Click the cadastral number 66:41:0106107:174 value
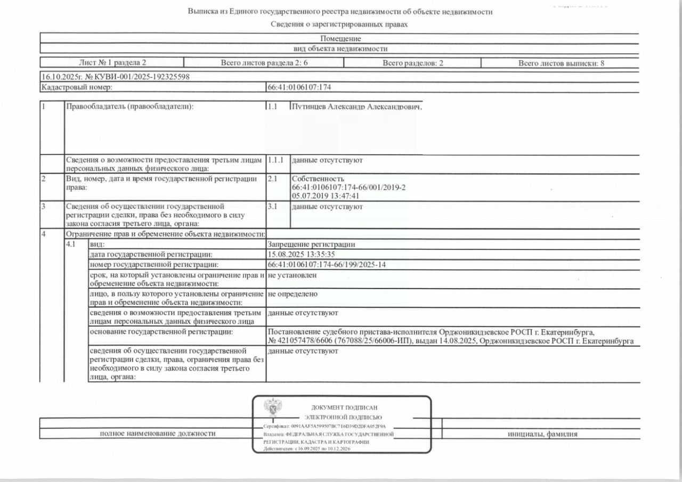(303, 87)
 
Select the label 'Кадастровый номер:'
(77, 87)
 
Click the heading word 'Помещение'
(340, 38)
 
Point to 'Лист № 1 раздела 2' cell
(112, 63)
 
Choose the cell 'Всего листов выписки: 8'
(561, 63)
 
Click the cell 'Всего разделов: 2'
(413, 63)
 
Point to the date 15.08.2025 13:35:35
(302, 255)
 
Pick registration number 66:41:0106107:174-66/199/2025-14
(327, 265)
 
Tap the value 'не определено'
(293, 293)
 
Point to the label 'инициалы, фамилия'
(542, 434)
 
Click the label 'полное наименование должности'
(158, 434)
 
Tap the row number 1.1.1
(275, 160)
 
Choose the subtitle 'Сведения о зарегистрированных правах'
(339, 24)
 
